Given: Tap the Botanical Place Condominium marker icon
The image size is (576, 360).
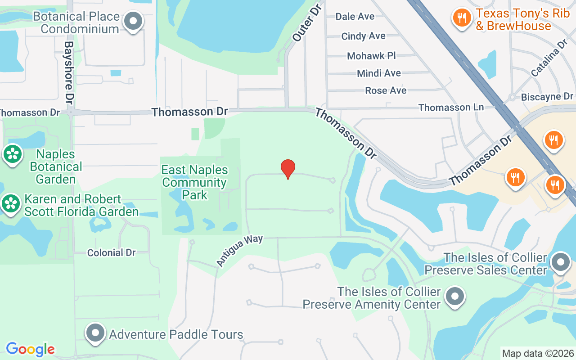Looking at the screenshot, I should (x=133, y=21).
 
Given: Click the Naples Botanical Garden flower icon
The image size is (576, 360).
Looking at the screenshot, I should (x=13, y=154).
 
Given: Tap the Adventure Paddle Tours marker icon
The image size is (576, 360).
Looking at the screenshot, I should (x=95, y=333).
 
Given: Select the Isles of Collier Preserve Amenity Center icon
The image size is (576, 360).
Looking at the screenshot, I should (x=454, y=297).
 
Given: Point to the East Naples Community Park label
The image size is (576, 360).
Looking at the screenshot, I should (x=194, y=182).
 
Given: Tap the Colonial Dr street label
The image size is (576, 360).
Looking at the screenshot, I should (x=112, y=253).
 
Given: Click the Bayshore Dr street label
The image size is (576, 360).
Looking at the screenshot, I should (x=69, y=73).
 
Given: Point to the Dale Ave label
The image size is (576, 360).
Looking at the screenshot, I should (x=355, y=17).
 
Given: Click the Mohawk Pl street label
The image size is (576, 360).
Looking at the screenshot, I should (x=371, y=56).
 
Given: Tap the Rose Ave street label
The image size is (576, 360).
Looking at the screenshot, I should (x=386, y=90).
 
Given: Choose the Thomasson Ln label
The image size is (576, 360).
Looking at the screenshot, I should (x=451, y=108).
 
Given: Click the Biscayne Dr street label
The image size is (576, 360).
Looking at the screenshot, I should (x=547, y=97).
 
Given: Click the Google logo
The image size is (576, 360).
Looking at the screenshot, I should (x=30, y=349).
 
